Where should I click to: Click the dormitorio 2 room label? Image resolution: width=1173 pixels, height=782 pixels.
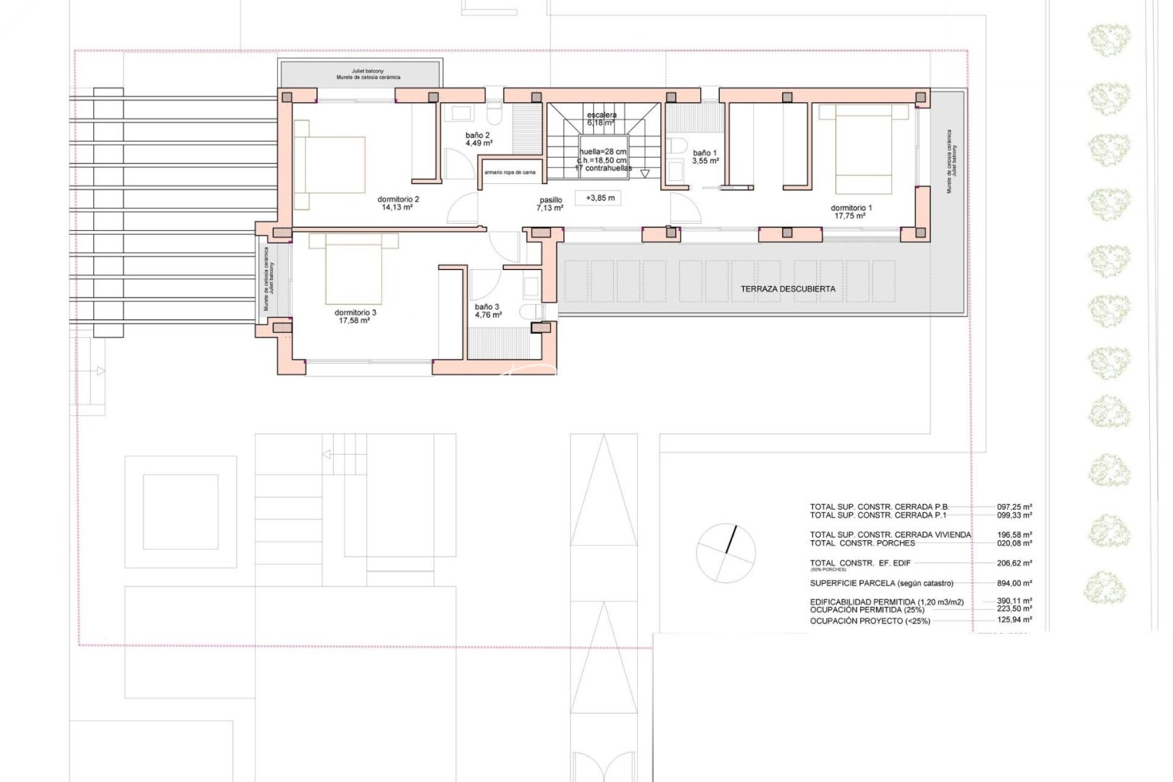point(398,199)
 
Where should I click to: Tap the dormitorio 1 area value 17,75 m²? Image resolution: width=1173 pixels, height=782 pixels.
point(850,216)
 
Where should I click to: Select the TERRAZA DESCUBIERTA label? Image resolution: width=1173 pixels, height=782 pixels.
point(787,289)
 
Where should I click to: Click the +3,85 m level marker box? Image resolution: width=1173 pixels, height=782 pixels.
point(600,198)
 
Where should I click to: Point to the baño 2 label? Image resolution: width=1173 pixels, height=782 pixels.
point(477,135)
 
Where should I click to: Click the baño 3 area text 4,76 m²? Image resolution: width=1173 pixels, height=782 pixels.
point(488,315)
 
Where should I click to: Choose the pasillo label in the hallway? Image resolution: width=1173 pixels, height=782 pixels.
point(550,201)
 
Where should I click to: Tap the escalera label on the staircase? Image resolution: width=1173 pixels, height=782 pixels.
point(602,115)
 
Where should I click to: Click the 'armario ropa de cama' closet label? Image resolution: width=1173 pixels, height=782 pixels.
point(510,172)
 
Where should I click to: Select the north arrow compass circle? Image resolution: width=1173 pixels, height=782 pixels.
point(726,553)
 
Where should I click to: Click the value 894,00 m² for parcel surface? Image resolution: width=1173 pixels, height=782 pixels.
point(1014,583)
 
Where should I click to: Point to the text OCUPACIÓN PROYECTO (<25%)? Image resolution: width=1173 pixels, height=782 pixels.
point(870,621)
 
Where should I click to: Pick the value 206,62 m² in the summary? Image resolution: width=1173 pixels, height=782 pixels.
point(1014,563)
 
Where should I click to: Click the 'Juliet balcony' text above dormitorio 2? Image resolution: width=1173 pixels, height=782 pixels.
point(368,72)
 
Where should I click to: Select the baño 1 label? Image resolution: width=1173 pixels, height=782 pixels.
point(705,153)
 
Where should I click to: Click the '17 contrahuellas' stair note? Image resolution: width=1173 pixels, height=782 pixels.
point(603,168)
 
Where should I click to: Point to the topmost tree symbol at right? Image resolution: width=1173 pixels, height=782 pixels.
point(1109,40)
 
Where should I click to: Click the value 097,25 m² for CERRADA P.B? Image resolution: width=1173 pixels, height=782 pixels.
point(1014,508)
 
